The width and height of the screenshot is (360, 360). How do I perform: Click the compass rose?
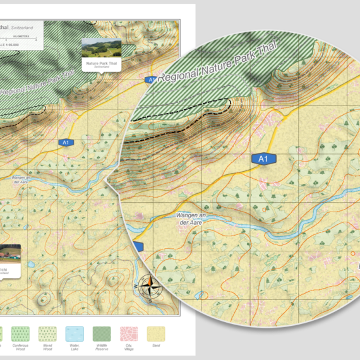coord(149,287)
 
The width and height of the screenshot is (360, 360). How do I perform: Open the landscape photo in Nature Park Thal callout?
coord(101,48)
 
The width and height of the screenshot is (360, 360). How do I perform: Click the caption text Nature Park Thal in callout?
coord(101,63)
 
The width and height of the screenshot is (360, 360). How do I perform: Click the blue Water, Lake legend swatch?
coord(74,333)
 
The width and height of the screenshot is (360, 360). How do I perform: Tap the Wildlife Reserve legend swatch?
coord(102,333)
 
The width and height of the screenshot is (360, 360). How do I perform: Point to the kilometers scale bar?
coord(19,40)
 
